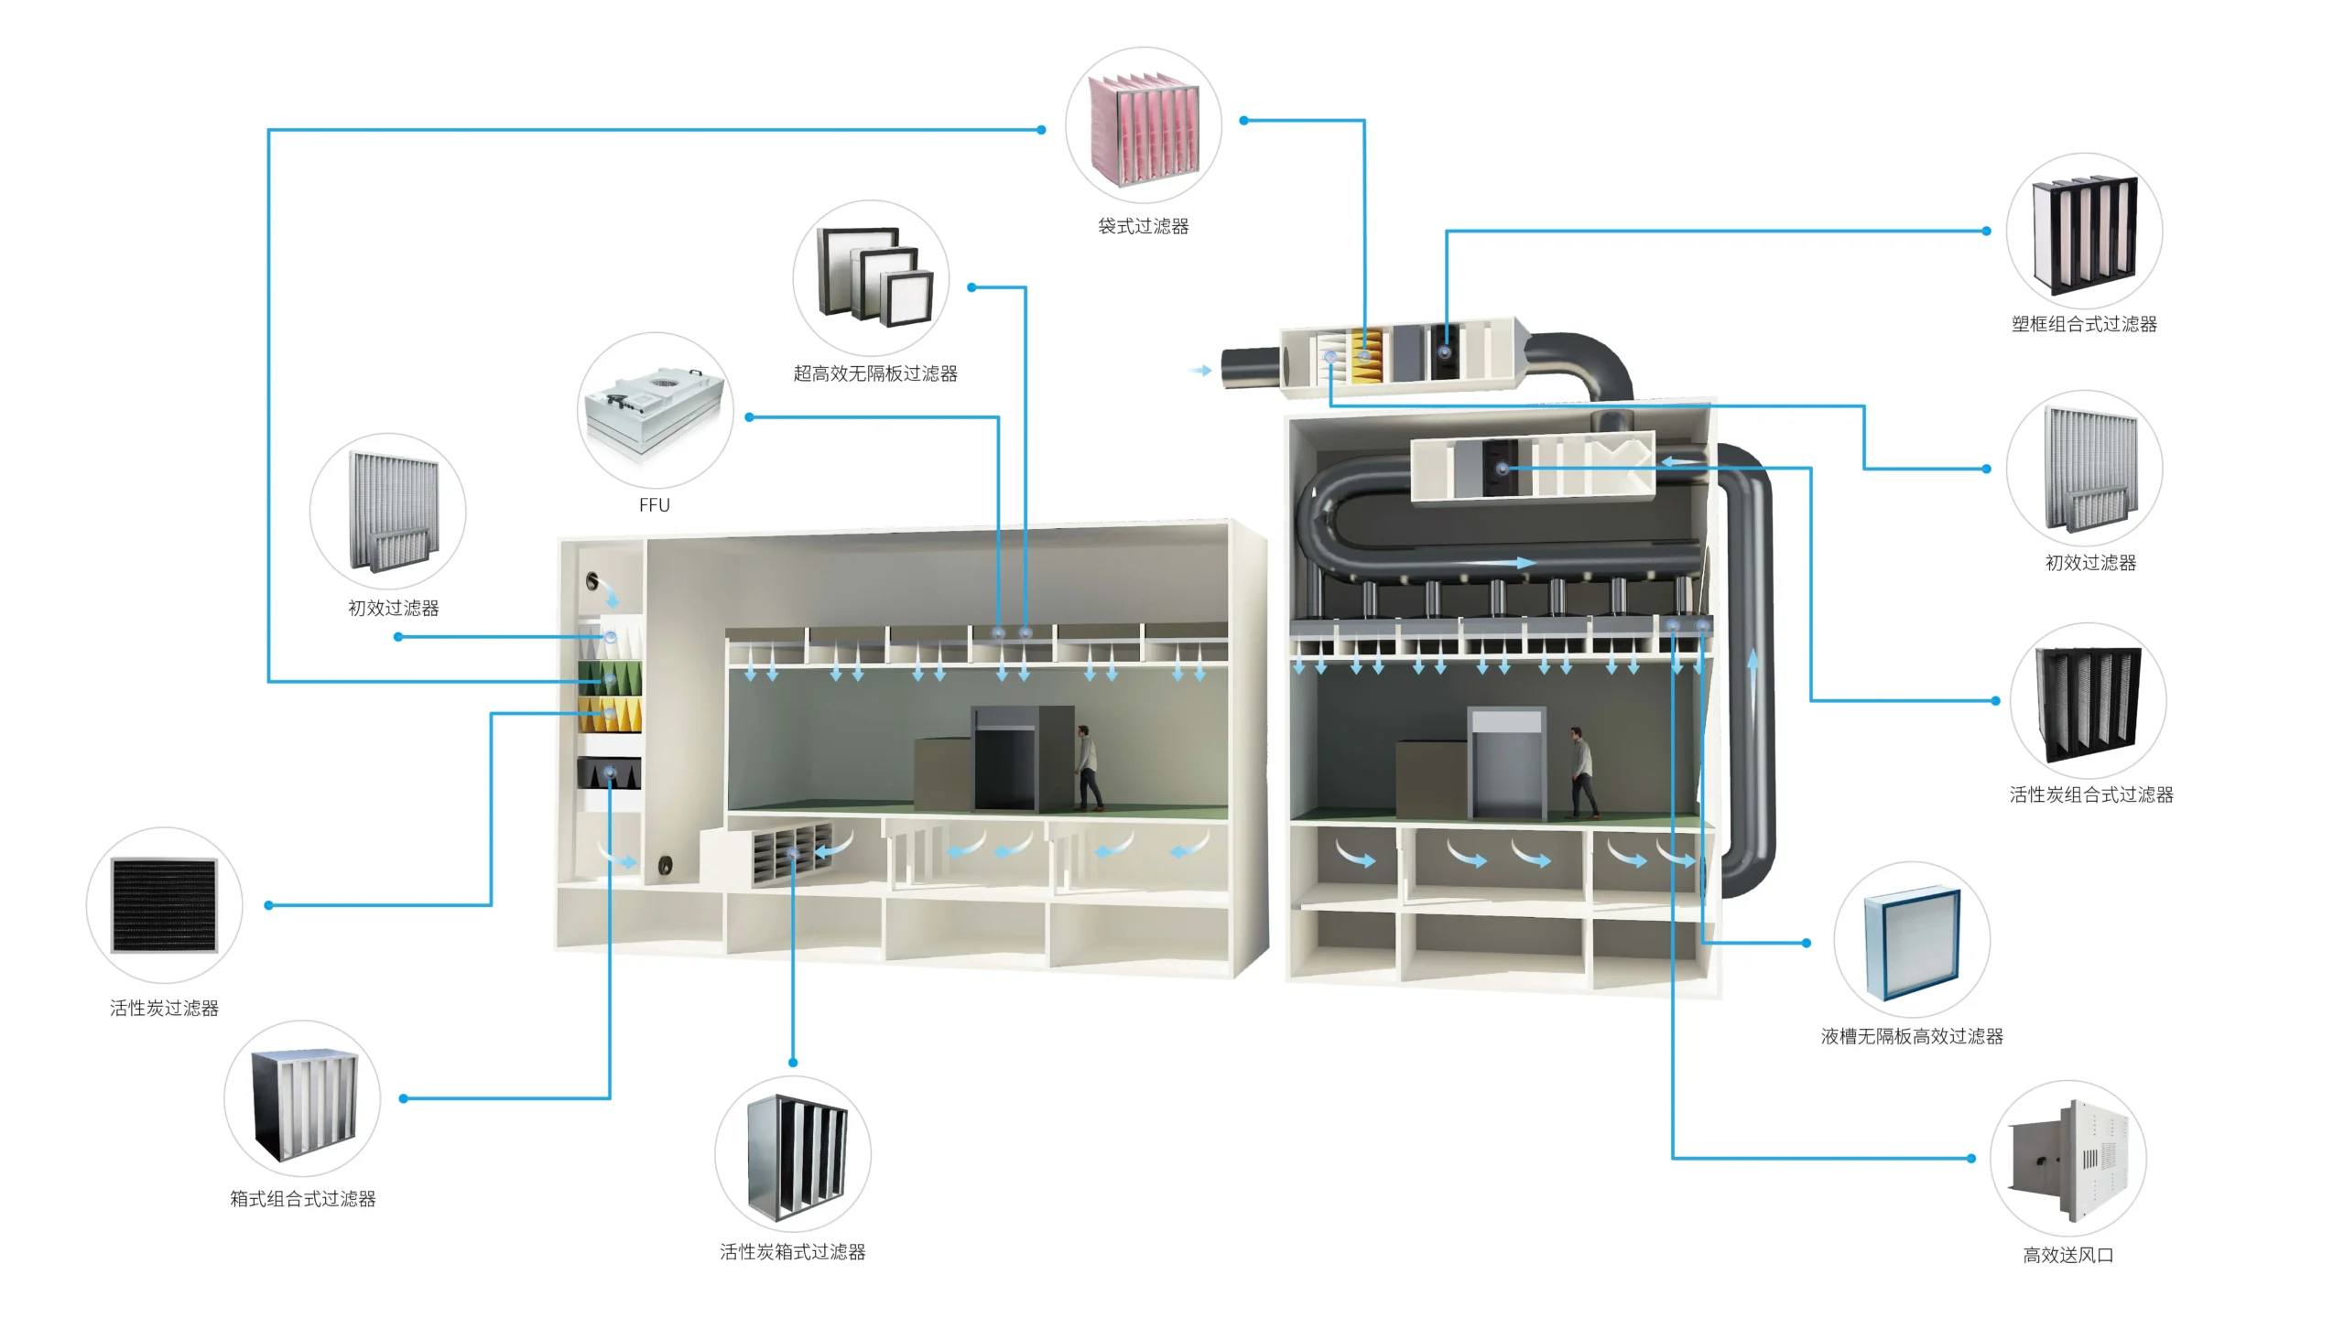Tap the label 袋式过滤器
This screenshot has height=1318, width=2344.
tap(1143, 226)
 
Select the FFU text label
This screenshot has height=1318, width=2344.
tap(654, 505)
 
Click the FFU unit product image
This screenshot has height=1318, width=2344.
tap(655, 411)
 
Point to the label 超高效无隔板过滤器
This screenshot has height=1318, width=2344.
tap(874, 373)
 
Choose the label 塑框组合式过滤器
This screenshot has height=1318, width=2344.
tap(2083, 324)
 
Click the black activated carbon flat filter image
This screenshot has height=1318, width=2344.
tap(164, 905)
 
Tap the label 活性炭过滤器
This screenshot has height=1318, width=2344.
tap(164, 1009)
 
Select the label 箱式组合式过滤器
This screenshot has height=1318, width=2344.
tap(302, 1199)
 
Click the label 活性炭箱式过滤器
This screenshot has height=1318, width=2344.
tap(792, 1252)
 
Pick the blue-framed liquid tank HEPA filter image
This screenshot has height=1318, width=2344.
tap(1911, 941)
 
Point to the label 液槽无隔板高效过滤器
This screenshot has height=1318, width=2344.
tap(1911, 1036)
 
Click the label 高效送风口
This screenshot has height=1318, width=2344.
tap(2067, 1256)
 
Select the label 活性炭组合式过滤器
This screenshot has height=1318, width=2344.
tap(2090, 794)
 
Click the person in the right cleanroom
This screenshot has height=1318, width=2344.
tap(1581, 772)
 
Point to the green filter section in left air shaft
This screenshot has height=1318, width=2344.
tap(610, 678)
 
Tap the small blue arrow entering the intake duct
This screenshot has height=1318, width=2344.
tap(1201, 371)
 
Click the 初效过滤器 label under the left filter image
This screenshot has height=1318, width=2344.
tap(393, 609)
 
